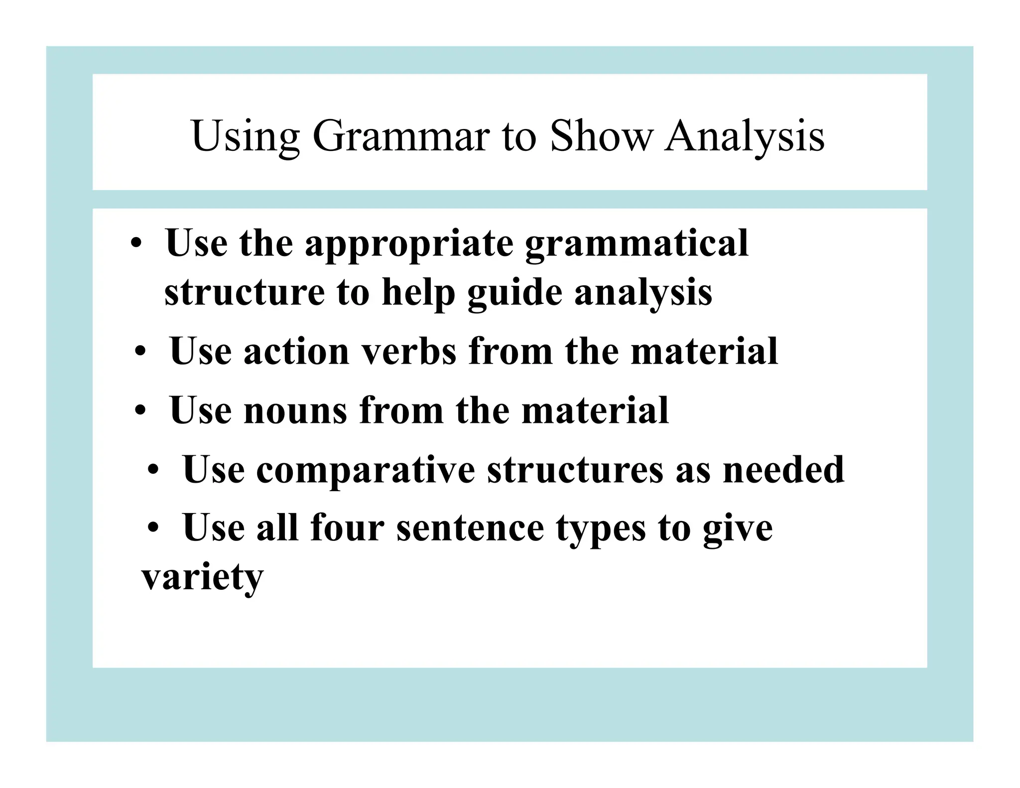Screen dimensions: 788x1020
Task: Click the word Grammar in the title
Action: click(400, 136)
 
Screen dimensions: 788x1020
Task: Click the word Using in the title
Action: click(246, 136)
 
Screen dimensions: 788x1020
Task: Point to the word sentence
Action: click(470, 527)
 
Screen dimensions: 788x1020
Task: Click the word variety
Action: click(202, 578)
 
